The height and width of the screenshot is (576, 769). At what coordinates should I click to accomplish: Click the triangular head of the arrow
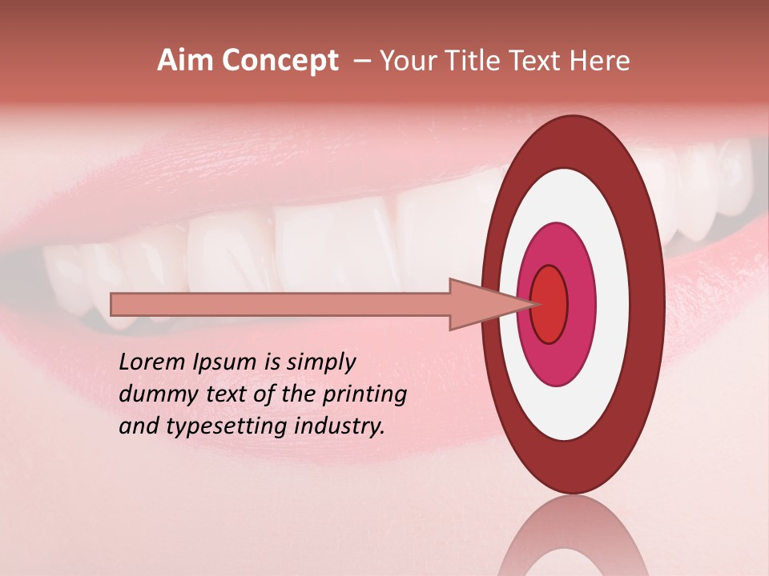[x=481, y=304]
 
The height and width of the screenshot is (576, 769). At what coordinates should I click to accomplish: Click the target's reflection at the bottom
[x=573, y=544]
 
